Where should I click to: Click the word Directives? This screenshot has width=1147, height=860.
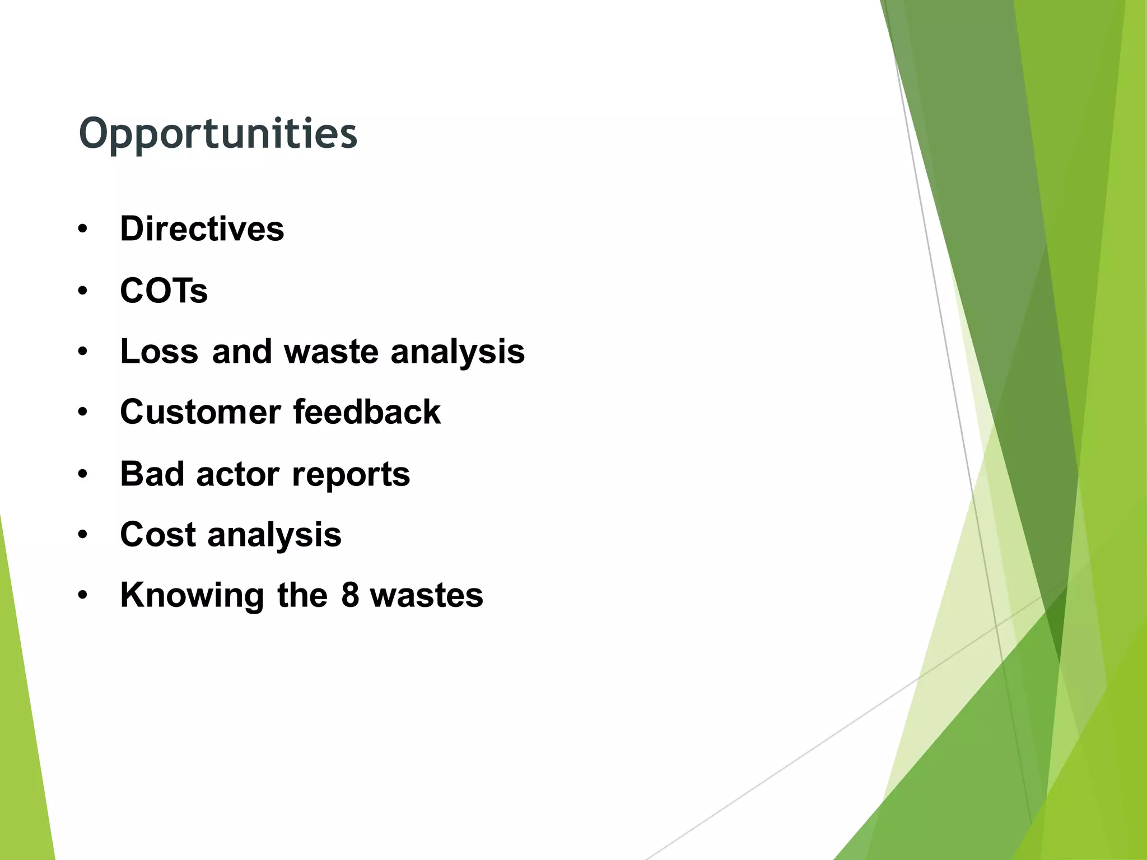(x=202, y=229)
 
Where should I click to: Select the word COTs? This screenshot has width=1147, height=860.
(x=164, y=291)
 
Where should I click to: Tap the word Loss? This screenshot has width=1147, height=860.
(x=159, y=352)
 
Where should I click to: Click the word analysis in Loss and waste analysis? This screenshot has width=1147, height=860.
(x=458, y=352)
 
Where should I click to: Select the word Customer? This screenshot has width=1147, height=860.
(x=200, y=412)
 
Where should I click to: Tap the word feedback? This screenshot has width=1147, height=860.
(x=367, y=412)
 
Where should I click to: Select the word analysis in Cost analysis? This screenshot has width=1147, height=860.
(x=274, y=535)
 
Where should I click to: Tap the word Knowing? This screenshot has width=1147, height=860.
(x=192, y=595)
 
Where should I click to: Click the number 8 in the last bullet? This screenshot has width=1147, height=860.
(x=350, y=595)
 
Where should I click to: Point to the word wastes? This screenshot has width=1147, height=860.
(x=426, y=595)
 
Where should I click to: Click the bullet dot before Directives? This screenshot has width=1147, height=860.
(x=83, y=230)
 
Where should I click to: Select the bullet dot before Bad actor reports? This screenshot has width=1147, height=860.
(x=83, y=474)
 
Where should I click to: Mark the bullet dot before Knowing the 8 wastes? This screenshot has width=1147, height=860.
(x=83, y=596)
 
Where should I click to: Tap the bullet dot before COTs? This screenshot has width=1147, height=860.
(x=83, y=291)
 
